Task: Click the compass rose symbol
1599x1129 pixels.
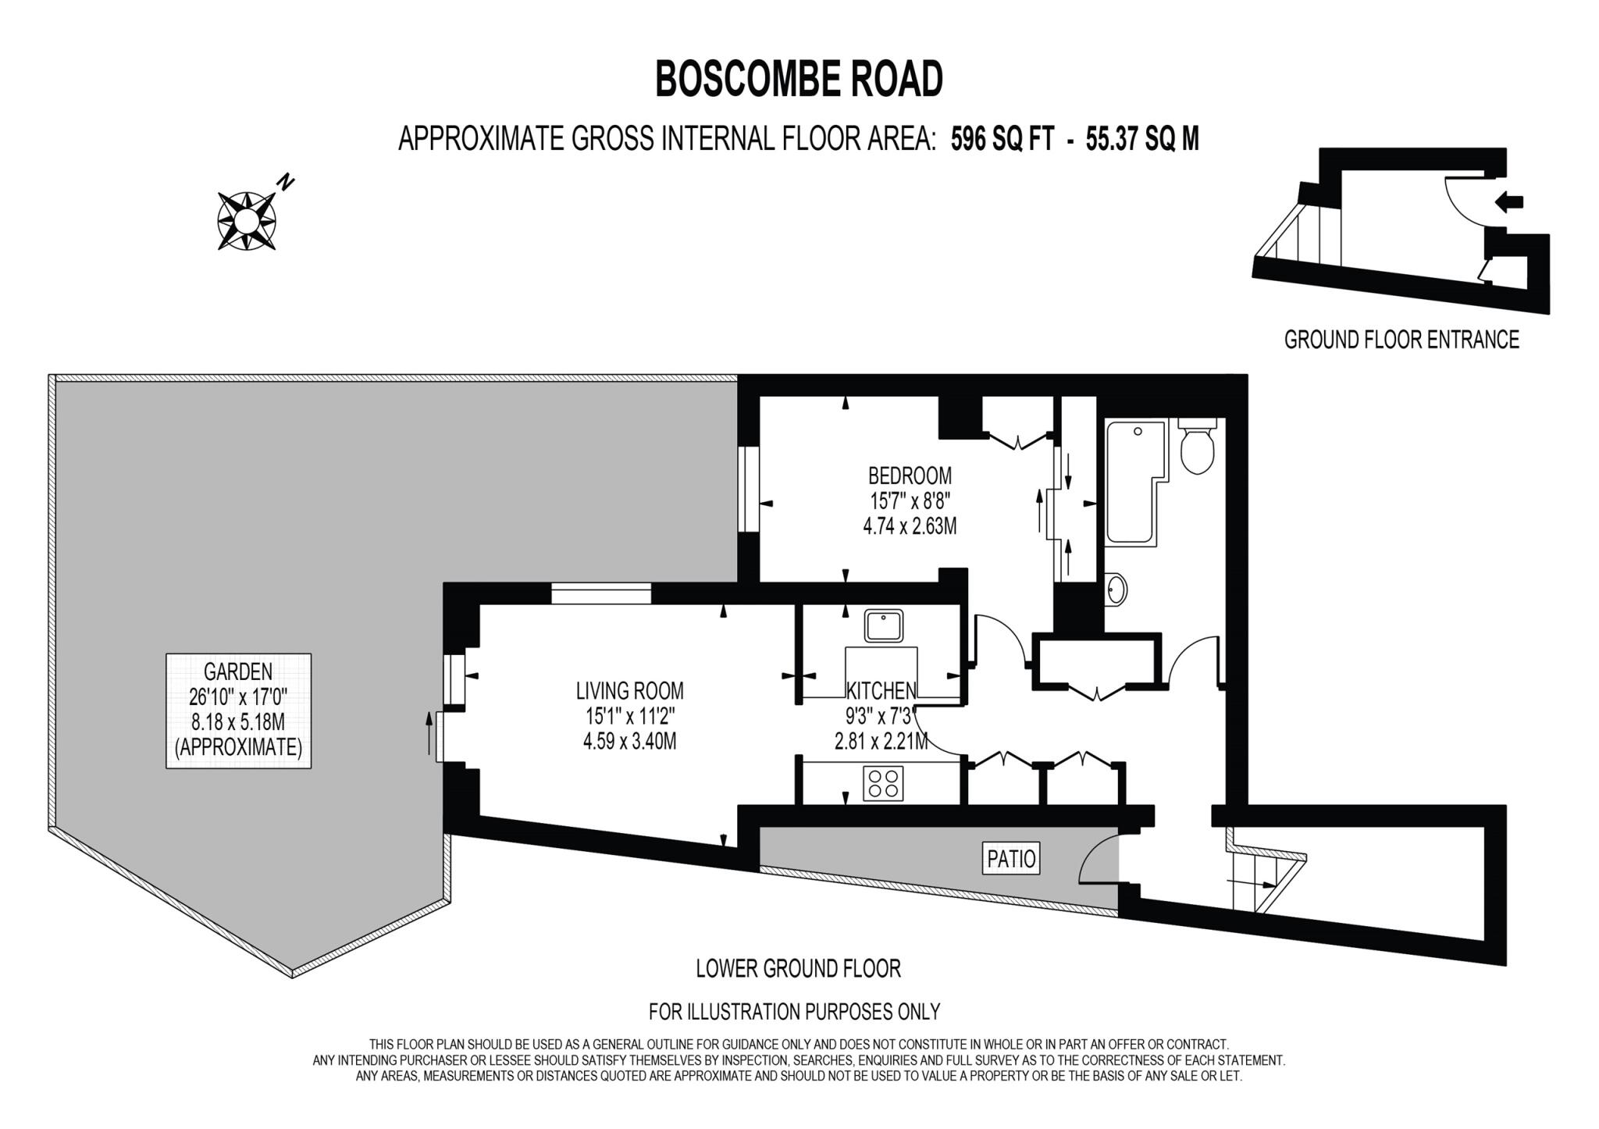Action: click(245, 221)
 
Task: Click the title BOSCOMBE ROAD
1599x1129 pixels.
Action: click(799, 80)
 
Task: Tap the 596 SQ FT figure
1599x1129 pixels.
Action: click(1002, 139)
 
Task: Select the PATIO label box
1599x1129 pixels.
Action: click(1011, 859)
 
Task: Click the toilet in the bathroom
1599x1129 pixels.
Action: click(1196, 447)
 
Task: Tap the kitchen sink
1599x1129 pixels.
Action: click(883, 625)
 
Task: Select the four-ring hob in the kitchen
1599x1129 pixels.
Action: click(883, 783)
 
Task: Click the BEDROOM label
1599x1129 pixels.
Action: click(910, 475)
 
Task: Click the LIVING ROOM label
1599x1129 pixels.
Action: click(629, 691)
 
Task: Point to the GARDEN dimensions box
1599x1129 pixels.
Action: click(238, 711)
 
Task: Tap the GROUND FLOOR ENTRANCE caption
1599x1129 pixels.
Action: click(1401, 340)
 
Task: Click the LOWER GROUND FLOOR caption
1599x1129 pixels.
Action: click(798, 969)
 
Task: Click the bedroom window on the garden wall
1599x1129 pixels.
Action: click(749, 489)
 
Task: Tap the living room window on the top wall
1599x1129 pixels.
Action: click(600, 593)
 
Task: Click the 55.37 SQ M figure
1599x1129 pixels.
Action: click(1141, 139)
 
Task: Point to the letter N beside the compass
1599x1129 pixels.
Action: click(287, 183)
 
